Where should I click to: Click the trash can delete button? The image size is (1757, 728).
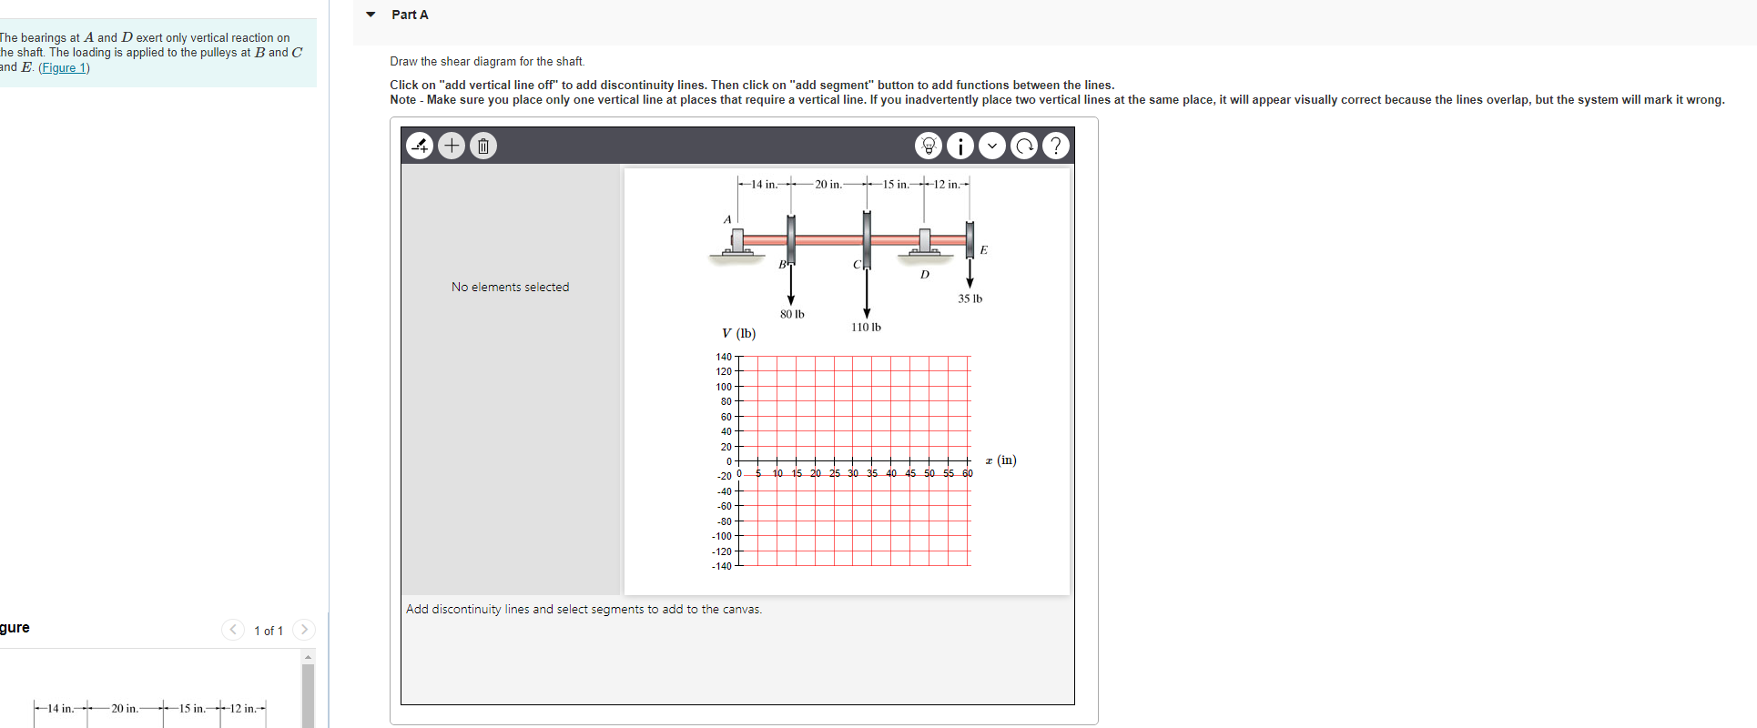pos(483,146)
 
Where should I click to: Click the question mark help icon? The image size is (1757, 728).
pos(1055,146)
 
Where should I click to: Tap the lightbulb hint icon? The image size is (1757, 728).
pos(929,146)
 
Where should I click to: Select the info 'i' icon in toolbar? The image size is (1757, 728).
pos(960,146)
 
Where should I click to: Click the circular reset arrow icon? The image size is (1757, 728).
pos(1024,146)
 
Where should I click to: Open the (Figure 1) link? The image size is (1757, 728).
pos(64,67)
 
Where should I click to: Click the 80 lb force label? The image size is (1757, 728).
pos(792,314)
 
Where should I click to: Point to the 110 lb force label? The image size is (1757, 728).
pos(866,327)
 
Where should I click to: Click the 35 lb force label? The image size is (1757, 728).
pos(970,298)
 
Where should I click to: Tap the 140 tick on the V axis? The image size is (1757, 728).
pos(724,357)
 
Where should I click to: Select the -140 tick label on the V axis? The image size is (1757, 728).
pos(721,566)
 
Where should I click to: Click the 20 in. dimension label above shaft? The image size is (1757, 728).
pos(828,184)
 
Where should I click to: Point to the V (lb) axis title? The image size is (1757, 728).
pos(738,333)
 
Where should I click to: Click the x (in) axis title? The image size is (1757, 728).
pos(1000,460)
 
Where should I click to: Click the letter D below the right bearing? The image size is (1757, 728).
pos(925,274)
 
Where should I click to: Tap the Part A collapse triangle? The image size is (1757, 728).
pos(371,15)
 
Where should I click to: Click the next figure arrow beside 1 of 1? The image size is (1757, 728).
pos(304,630)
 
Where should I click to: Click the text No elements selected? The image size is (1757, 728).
pos(510,287)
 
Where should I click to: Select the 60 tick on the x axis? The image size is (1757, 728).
pos(967,473)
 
